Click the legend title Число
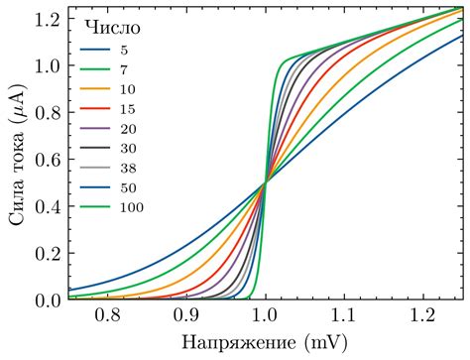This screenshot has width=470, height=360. tap(105, 24)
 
